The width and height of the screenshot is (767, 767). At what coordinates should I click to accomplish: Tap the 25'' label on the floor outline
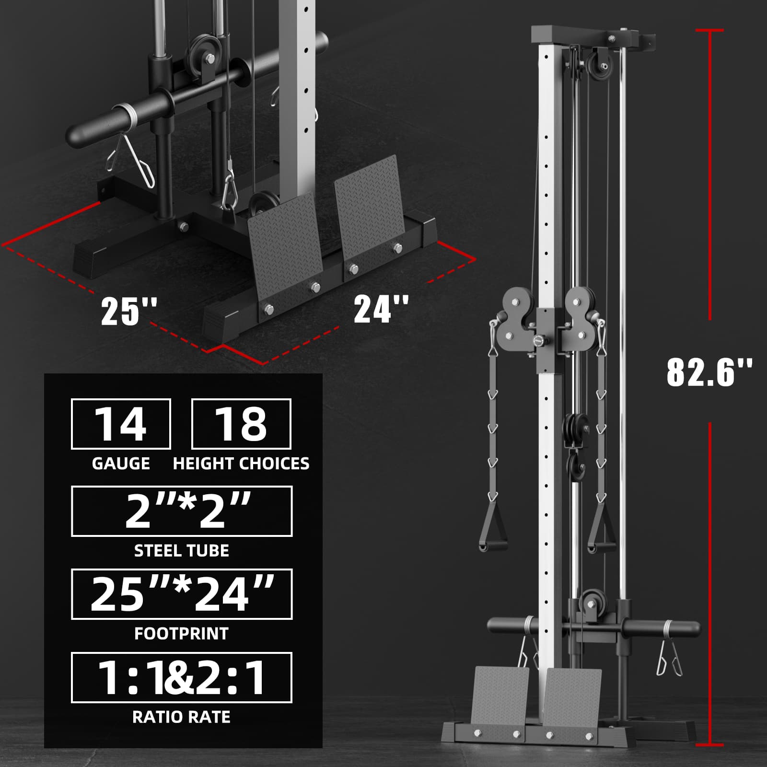point(128,311)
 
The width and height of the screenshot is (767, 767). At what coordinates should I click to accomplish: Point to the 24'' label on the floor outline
point(381,309)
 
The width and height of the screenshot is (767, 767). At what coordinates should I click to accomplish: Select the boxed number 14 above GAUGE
point(121,424)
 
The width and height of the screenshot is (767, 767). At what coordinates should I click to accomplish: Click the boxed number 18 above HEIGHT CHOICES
point(241,424)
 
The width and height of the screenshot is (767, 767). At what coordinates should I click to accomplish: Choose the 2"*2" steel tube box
point(182,511)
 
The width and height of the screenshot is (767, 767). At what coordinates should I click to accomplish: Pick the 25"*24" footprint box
point(182,594)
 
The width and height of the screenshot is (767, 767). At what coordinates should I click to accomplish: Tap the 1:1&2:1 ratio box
point(182,677)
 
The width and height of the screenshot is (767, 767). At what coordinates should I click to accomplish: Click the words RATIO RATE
point(181,717)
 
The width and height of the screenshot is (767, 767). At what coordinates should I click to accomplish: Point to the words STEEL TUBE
point(181,551)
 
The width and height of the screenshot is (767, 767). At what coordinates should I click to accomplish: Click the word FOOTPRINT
point(181,634)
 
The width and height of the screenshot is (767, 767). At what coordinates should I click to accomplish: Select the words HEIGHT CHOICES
point(241,464)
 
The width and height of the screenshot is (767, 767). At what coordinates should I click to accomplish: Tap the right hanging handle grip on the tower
point(601,546)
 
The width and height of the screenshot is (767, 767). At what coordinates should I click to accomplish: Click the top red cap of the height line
point(709,30)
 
